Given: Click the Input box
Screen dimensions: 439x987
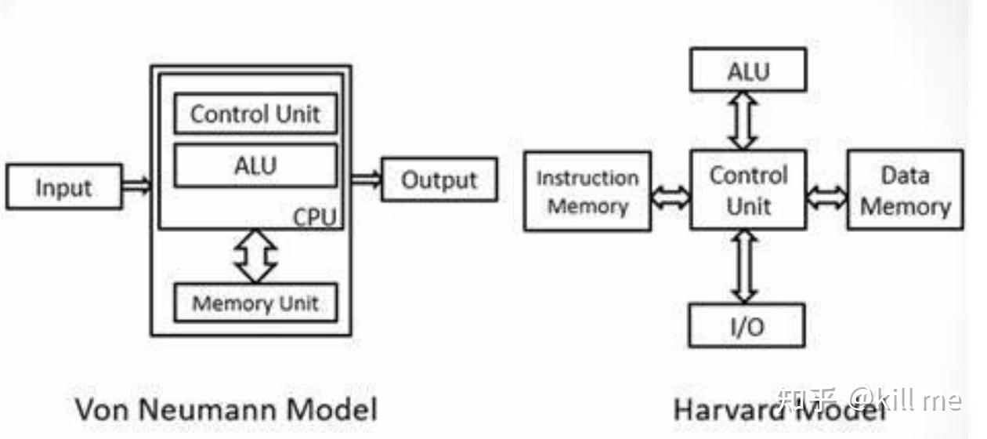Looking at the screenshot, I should pos(64,187).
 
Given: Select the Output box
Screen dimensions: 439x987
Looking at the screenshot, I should pos(439,180).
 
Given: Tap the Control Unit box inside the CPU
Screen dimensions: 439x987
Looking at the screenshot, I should pos(255,114).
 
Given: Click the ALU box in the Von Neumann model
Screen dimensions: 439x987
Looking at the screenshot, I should pos(255,165).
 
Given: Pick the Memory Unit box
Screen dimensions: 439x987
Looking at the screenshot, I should pos(255,303).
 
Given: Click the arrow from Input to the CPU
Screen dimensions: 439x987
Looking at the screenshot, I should pos(136,186).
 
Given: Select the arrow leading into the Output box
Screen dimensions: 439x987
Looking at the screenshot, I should pos(366,180).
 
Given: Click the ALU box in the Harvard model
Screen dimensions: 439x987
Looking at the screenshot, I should pos(748,71).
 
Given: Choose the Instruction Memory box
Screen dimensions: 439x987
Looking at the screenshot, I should pos(587,191).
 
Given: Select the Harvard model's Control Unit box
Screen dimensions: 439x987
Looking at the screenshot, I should pos(748,190).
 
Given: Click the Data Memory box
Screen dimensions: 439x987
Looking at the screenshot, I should pos(905,190).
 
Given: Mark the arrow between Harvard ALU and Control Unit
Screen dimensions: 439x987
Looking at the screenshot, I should pos(743,122).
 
